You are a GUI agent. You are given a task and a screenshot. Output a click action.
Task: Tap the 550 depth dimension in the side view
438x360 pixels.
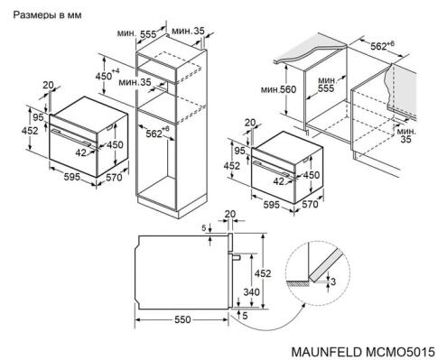pos(182,319)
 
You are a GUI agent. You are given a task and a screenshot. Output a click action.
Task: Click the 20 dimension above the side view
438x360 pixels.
pos(229,215)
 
